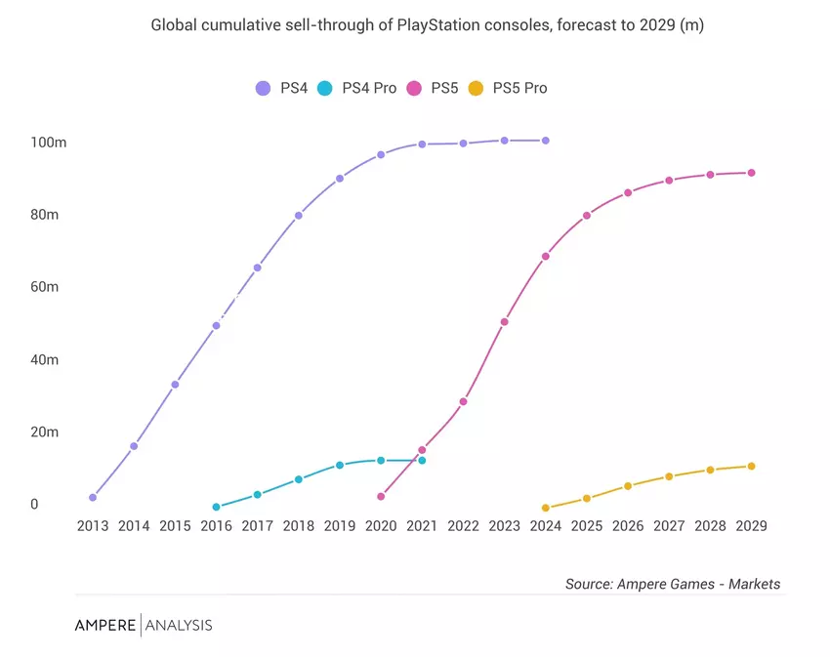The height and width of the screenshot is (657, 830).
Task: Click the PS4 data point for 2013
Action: (x=93, y=497)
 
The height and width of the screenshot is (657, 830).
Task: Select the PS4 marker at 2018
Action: (x=299, y=216)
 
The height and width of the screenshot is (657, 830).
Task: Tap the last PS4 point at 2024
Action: (x=545, y=141)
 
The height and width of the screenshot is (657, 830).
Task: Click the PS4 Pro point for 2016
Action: (x=216, y=507)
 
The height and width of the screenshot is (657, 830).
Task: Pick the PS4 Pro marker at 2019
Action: (x=340, y=465)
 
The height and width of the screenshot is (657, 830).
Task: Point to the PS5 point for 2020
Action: (x=381, y=496)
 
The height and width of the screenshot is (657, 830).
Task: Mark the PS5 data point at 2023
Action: (x=504, y=321)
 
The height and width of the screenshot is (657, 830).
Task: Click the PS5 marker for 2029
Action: (x=751, y=173)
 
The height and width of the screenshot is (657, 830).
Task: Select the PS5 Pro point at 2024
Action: (x=545, y=508)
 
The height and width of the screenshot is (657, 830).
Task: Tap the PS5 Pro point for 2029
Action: (x=751, y=466)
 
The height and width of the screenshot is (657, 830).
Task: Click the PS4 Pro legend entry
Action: (x=357, y=88)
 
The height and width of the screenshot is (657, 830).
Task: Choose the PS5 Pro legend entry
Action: (x=508, y=88)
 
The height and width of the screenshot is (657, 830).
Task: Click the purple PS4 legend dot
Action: (x=263, y=88)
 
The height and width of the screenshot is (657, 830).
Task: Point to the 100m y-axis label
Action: (x=48, y=143)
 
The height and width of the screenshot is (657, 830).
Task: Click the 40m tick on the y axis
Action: (x=44, y=359)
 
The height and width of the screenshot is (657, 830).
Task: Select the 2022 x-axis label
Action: (x=463, y=525)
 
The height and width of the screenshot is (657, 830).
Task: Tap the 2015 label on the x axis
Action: (x=175, y=525)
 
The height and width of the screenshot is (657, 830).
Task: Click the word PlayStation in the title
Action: (x=439, y=25)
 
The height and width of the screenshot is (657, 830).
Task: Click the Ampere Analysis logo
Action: (x=144, y=625)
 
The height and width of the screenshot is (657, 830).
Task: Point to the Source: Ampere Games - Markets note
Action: (x=673, y=584)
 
